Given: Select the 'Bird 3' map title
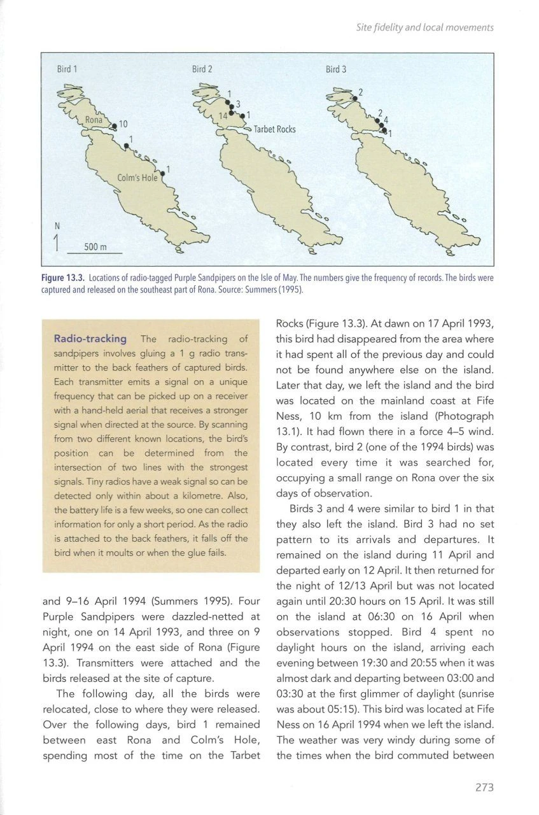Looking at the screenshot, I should [336, 69].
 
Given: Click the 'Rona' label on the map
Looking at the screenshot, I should [94, 120].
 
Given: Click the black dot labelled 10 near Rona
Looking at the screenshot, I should [115, 127].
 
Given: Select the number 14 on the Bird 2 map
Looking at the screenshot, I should [223, 115].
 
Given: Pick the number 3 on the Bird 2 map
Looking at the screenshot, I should [237, 104].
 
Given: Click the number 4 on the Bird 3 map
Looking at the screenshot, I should [386, 119].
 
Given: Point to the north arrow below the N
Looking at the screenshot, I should [57, 243].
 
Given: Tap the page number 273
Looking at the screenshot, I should [484, 787].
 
